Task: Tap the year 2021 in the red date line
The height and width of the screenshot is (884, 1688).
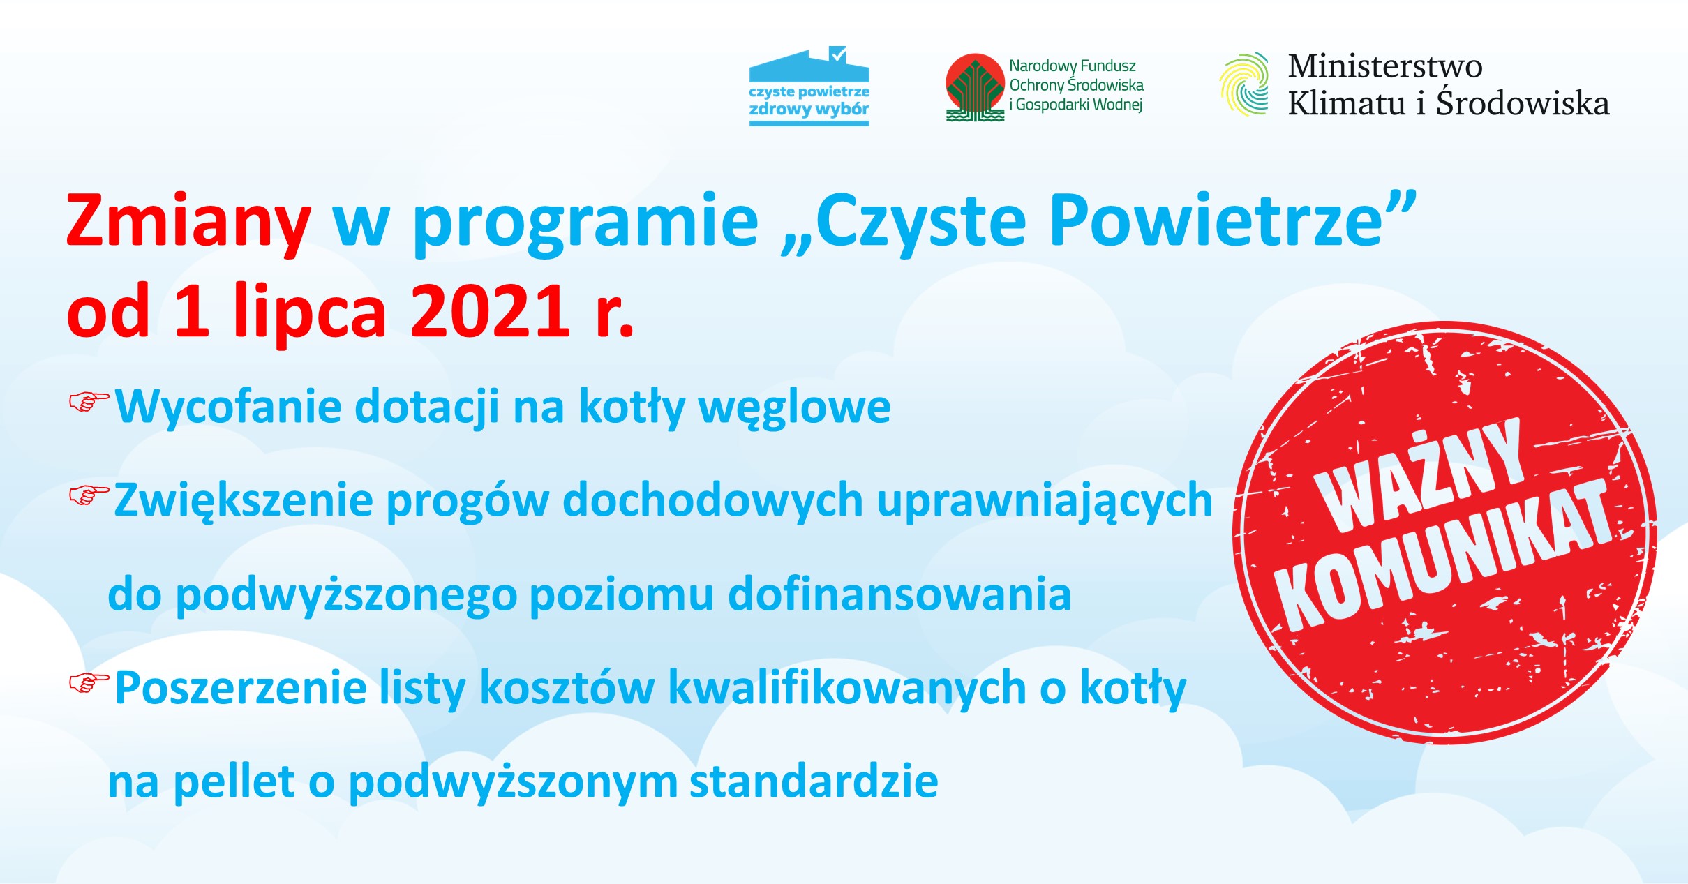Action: point(491,310)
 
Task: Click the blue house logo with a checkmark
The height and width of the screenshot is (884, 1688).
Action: point(809,86)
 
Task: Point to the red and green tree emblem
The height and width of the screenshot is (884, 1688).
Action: point(975,87)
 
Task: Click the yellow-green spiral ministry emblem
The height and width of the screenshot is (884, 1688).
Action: point(1244,84)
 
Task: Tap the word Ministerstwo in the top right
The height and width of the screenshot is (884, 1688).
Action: point(1385,66)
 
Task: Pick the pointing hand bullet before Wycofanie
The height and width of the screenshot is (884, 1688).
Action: point(89,402)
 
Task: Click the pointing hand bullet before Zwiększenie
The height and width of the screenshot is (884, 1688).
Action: point(89,495)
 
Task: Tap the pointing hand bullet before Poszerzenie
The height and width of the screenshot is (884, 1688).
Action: point(89,683)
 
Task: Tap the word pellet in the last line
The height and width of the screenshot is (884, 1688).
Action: point(234,782)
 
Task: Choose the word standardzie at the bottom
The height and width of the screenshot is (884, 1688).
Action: point(814,781)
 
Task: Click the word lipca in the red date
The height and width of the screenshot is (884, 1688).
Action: point(309,313)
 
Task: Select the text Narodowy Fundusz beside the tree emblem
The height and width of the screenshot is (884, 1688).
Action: point(1073,66)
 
